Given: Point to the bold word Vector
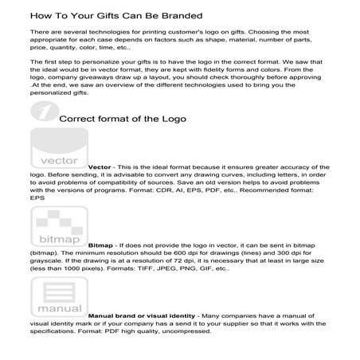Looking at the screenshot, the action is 100,167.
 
